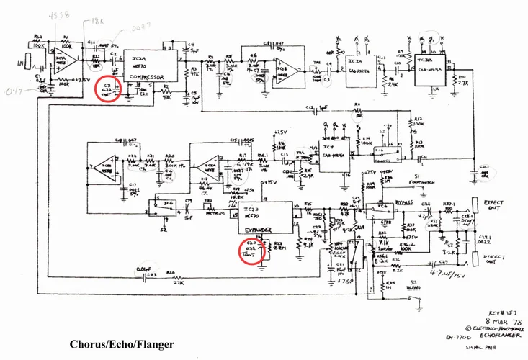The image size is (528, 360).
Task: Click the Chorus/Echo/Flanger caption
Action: click(122, 344)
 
